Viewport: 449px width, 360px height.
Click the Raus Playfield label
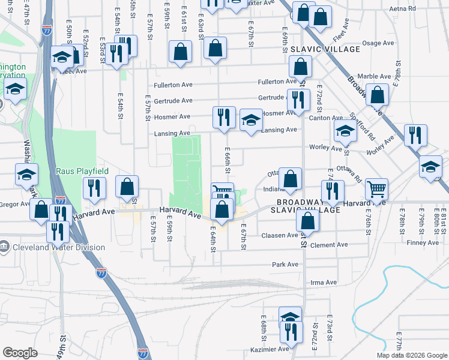click(82, 171)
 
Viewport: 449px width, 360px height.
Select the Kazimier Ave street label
click(270, 349)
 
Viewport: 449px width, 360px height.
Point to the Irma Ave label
click(324, 283)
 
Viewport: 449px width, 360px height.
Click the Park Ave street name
click(285, 264)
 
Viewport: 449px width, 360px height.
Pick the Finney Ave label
click(423, 242)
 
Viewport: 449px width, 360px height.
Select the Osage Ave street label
click(378, 43)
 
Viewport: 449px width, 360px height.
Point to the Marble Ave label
click(375, 76)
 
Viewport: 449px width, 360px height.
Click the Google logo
click(20, 353)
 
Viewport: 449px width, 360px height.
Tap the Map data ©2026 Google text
click(411, 355)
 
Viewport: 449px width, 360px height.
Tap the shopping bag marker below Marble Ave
click(376, 94)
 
